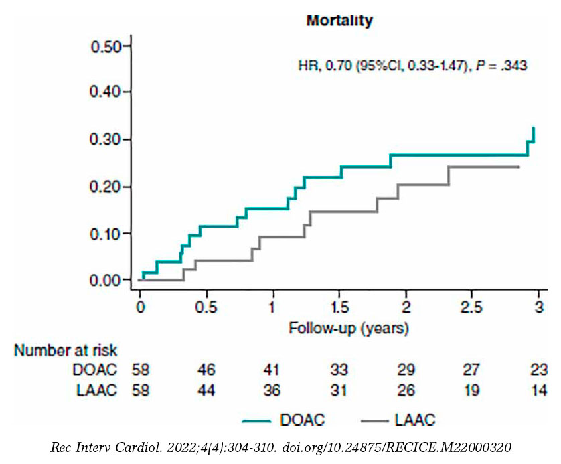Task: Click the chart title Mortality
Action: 339,21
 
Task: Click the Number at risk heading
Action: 66,350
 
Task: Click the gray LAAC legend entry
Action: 398,420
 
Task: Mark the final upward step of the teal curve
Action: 533,134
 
